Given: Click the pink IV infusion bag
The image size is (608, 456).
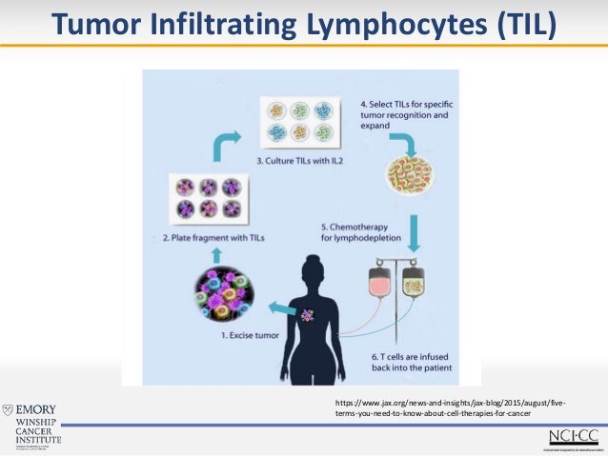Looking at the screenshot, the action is (x=382, y=281).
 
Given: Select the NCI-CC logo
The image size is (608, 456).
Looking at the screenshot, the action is (x=572, y=436).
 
